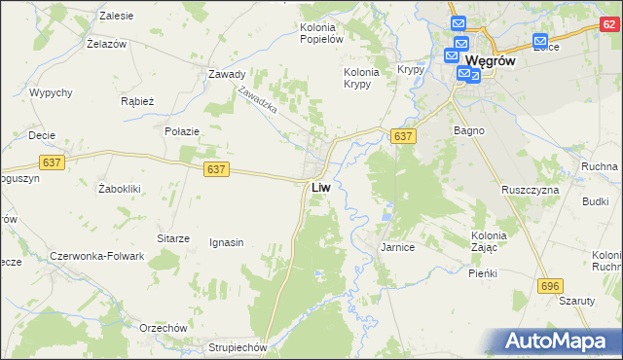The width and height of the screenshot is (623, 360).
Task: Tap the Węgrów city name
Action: point(496,59)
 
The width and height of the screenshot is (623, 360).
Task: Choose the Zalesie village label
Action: point(117,17)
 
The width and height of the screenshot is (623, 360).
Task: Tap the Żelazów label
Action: point(108,45)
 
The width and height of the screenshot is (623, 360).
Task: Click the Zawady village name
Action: point(226,74)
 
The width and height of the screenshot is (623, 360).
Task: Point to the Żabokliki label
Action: point(122,189)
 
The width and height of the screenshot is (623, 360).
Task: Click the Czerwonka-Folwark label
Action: point(97,256)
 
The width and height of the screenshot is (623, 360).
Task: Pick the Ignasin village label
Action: point(226,242)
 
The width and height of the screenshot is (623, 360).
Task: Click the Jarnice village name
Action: point(397,248)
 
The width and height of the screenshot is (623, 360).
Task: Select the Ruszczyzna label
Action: point(531,190)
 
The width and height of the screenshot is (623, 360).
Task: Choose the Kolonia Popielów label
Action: point(322,33)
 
